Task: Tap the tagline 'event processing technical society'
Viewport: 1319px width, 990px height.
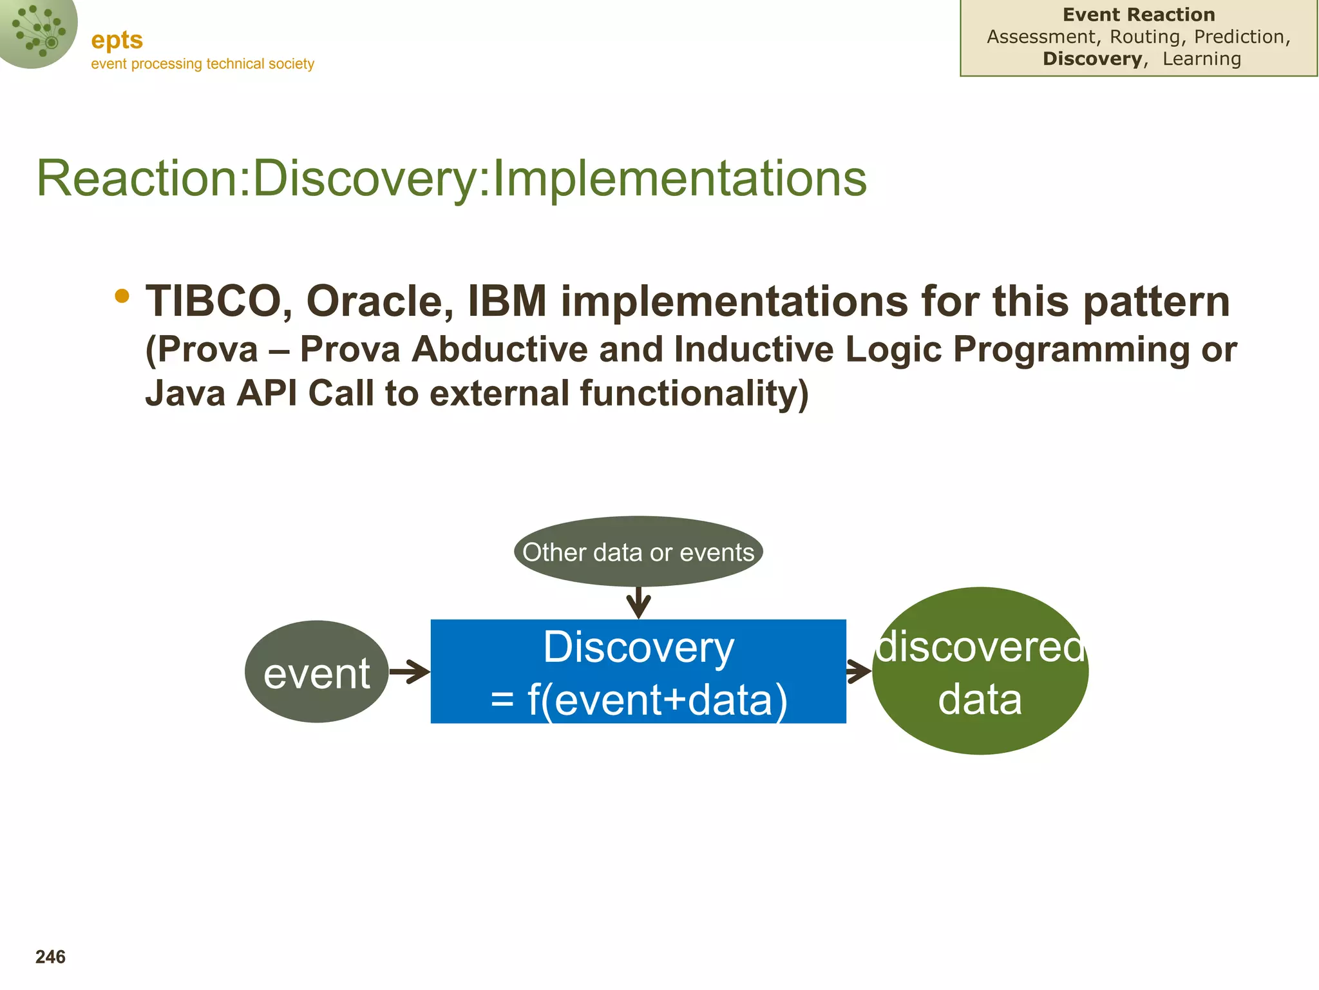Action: click(x=202, y=64)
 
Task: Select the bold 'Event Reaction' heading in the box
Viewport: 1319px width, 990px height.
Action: click(x=1139, y=15)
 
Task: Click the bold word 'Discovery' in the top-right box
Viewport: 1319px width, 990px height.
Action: click(x=1092, y=59)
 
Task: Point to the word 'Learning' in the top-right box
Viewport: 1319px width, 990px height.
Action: click(x=1202, y=59)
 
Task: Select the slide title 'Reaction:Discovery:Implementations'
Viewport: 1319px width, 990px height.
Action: click(x=451, y=178)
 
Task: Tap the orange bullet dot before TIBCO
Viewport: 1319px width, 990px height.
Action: click(x=122, y=296)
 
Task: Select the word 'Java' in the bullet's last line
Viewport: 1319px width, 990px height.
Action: click(x=185, y=393)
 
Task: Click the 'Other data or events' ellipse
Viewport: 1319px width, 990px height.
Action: click(x=638, y=552)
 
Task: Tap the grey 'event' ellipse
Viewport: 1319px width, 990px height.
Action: click(x=317, y=672)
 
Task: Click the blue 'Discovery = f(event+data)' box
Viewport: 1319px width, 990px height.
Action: click(x=638, y=672)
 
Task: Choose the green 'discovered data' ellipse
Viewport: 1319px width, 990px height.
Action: click(x=980, y=671)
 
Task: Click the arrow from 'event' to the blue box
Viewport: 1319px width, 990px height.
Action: click(x=410, y=672)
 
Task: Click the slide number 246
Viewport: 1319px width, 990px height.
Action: click(x=50, y=957)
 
